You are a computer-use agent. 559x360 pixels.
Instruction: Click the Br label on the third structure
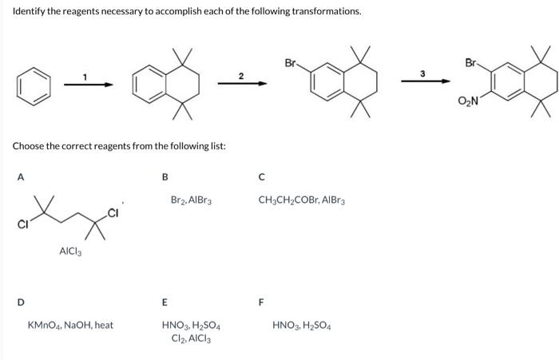[290, 61]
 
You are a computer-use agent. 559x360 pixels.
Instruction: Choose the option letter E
[165, 301]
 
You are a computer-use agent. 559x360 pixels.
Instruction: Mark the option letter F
[260, 301]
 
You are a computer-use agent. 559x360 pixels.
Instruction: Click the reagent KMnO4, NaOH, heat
[70, 326]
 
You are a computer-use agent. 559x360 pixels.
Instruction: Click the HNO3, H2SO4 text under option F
[301, 326]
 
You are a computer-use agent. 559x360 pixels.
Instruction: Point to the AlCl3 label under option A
[71, 252]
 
